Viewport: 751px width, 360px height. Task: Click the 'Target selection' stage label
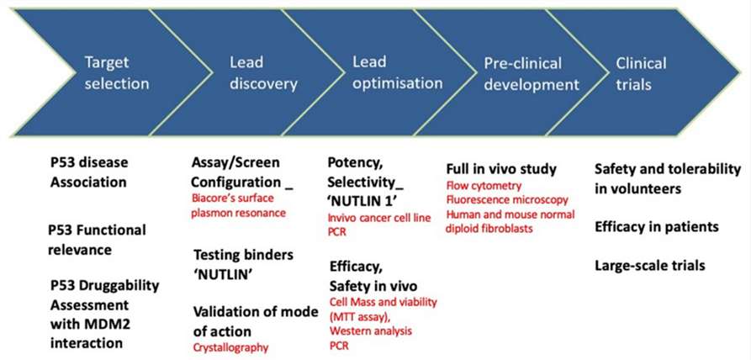(116, 73)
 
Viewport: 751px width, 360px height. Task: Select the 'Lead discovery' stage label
(263, 73)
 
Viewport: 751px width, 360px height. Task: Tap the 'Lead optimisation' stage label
(398, 72)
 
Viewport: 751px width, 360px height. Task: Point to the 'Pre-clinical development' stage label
(532, 74)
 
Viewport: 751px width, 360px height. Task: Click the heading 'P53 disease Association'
(89, 172)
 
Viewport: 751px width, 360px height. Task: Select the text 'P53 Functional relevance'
(97, 240)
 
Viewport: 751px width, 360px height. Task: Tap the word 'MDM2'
(103, 324)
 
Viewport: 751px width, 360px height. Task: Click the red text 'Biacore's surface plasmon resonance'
(239, 205)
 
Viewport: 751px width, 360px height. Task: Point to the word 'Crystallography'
(230, 347)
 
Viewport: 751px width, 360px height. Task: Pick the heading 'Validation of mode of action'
(256, 321)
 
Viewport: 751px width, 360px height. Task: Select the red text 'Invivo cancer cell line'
(379, 218)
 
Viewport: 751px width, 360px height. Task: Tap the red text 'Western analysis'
(370, 331)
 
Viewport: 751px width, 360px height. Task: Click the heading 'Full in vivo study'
(501, 169)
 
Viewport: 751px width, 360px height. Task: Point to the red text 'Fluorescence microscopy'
(507, 199)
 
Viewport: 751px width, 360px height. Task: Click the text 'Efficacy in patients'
(657, 226)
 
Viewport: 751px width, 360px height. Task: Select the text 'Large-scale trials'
(650, 265)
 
